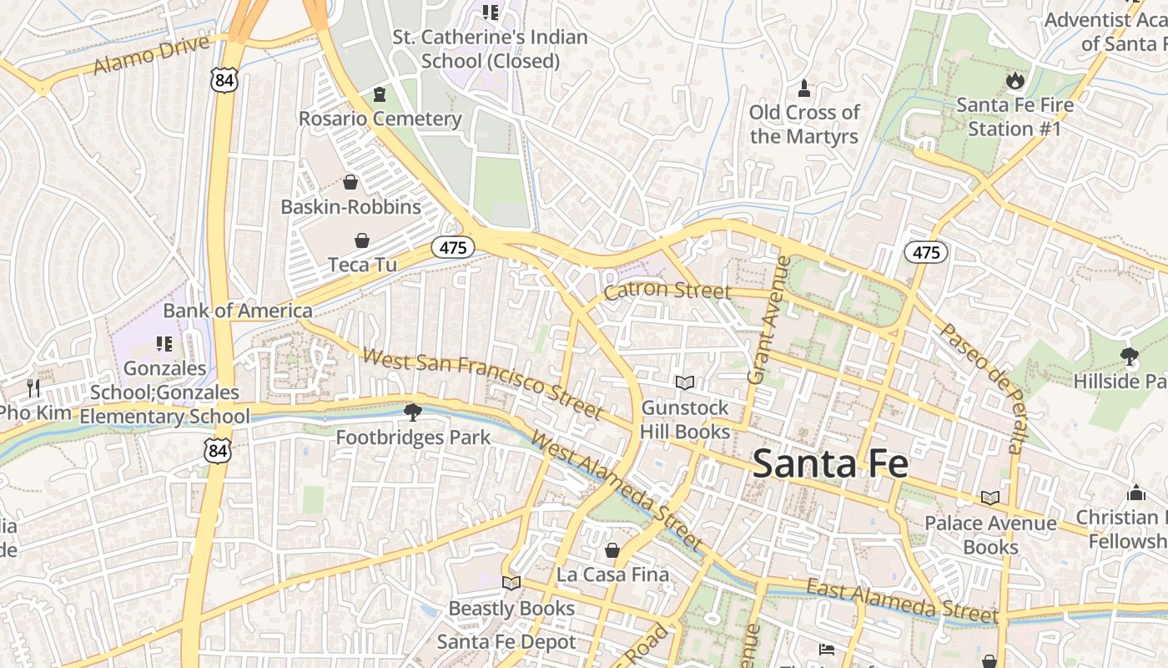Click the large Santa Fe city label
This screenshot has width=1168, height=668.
[x=829, y=463]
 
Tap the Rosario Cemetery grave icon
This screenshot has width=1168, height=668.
[x=380, y=94]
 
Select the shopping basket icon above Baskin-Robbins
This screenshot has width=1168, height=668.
[x=350, y=182]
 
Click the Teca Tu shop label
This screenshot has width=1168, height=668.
[x=362, y=264]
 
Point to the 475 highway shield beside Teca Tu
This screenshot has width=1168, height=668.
[x=453, y=247]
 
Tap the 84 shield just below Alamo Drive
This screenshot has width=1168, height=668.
[x=224, y=80]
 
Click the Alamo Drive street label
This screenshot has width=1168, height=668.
[x=151, y=54]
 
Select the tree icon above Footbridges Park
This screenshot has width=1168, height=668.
[x=412, y=412]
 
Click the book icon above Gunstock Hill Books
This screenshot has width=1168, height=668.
[x=685, y=382]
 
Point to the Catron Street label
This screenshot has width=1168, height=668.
[x=667, y=291]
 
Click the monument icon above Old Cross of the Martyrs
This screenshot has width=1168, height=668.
[x=804, y=88]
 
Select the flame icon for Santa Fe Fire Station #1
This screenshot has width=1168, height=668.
[x=1014, y=80]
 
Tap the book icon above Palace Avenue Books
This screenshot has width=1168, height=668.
[x=990, y=498]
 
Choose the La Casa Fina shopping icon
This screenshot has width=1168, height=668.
[x=612, y=550]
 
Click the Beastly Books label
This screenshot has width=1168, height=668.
[x=511, y=608]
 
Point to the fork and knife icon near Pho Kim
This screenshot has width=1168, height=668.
[x=33, y=387]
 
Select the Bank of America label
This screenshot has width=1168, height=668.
[x=238, y=311]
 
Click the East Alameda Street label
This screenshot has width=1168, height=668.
[x=901, y=600]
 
